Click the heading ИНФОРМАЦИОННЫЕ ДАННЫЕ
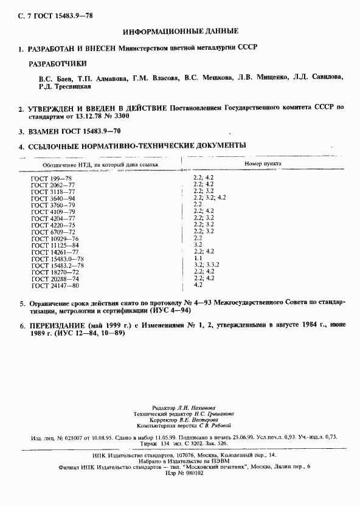click(180, 30)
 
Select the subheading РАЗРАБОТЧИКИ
click(58, 63)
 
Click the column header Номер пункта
click(263, 164)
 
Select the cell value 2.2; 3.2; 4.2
click(209, 198)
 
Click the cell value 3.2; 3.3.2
click(206, 263)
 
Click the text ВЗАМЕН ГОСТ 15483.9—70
click(77, 131)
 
